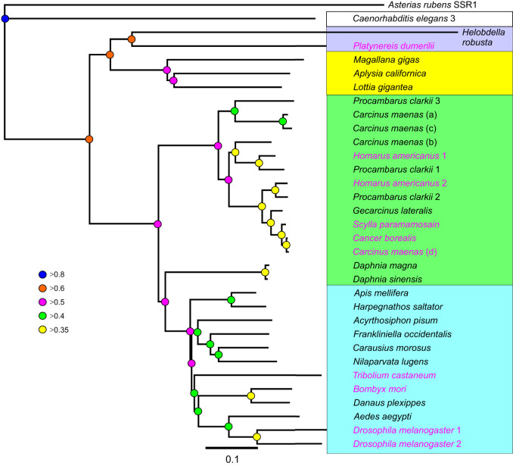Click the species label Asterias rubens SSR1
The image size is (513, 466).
tap(432, 5)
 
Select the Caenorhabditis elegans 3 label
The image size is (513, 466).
tap(404, 18)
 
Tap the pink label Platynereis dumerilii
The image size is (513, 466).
tap(394, 46)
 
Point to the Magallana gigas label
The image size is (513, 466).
tap(387, 60)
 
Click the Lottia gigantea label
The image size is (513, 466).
tap(383, 87)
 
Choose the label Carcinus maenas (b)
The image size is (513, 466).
tap(395, 142)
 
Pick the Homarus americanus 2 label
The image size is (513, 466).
tap(400, 183)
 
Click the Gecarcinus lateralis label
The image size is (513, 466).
tap(393, 211)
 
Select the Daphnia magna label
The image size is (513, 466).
tap(385, 265)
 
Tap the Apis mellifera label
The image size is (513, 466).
tap(381, 293)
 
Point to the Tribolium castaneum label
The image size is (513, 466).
tap(394, 375)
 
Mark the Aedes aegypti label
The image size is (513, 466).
tap(382, 417)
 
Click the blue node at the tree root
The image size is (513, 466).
tap(5, 19)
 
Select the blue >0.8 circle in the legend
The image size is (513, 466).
tap(42, 274)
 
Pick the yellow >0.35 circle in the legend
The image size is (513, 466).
tap(42, 330)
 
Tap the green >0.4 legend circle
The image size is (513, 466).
tap(42, 316)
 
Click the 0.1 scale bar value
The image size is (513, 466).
tap(232, 459)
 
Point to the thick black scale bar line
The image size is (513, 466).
tap(232, 448)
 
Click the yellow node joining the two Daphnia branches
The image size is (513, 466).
tap(265, 272)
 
